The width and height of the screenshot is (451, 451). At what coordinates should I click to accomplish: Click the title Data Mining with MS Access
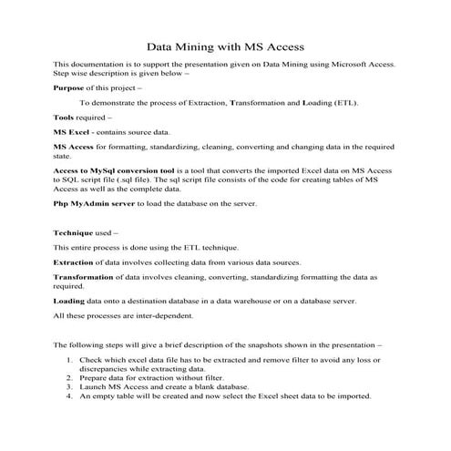point(225,46)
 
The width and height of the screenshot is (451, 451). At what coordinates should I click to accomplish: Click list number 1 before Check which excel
point(70,363)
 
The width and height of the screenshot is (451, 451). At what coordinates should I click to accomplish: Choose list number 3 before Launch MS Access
point(70,388)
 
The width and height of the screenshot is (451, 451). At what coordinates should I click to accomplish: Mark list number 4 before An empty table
point(70,397)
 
